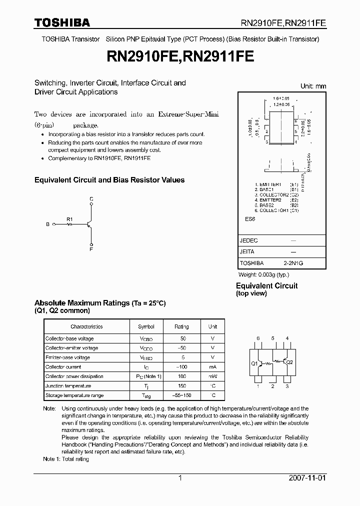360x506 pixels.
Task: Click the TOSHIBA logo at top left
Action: [62, 22]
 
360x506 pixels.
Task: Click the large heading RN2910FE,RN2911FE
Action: [180, 57]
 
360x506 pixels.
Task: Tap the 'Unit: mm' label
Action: [313, 86]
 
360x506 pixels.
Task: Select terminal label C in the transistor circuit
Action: [91, 199]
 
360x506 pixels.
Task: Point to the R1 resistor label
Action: [69, 219]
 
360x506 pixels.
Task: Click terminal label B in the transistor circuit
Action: [48, 225]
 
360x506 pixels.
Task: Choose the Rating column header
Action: [181, 326]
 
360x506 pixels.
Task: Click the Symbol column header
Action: [146, 326]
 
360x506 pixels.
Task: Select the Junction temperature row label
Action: [68, 386]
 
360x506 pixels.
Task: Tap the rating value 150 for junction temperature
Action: [181, 386]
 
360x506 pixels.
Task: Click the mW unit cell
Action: [212, 376]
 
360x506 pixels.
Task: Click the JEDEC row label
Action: [248, 240]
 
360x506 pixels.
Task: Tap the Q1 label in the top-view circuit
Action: [254, 363]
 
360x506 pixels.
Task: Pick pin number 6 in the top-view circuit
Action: [258, 338]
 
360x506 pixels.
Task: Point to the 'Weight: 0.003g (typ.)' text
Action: [263, 274]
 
